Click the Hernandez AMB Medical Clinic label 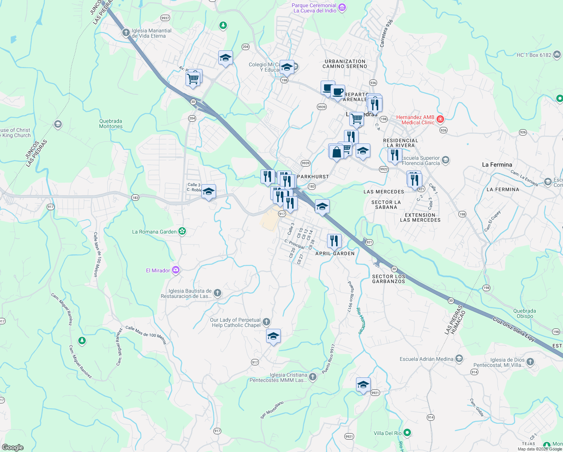(415, 120)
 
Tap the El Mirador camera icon (176, 270)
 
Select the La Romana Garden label (154, 232)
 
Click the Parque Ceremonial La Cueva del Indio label (314, 8)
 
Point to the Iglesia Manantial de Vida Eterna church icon (126, 33)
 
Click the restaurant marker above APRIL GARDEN (334, 241)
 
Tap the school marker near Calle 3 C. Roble (208, 192)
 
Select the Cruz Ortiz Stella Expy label (514, 329)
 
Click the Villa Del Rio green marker (407, 432)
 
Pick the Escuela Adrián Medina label (426, 359)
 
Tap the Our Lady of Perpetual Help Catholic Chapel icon (266, 322)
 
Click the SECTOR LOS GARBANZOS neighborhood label (389, 279)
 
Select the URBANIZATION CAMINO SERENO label (345, 64)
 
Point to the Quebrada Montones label (111, 124)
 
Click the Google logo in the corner (12, 447)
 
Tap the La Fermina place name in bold (497, 165)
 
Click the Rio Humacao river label (361, 321)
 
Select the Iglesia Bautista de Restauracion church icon (218, 293)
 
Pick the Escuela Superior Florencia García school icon (446, 160)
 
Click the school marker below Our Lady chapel (273, 336)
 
